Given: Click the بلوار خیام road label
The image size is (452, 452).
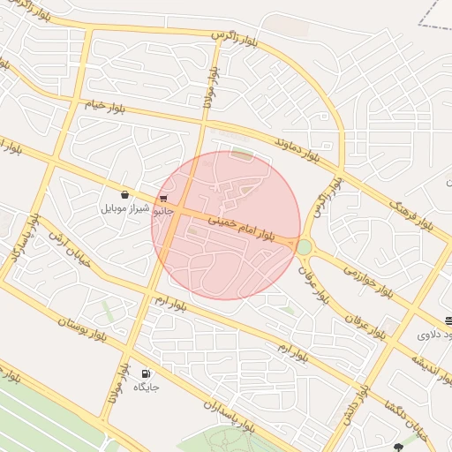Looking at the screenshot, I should click(x=106, y=106).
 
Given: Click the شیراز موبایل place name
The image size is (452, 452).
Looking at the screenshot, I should click(x=126, y=208).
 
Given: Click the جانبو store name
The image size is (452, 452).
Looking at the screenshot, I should click(x=163, y=212).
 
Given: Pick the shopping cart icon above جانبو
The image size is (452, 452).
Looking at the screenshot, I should click(x=163, y=199).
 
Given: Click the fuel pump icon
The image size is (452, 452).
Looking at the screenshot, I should click(x=146, y=373).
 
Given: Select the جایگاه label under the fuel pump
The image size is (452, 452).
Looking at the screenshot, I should click(x=146, y=388).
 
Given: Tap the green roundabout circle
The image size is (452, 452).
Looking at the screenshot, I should click(x=305, y=247).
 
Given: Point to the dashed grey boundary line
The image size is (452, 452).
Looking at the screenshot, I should click(x=432, y=15).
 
